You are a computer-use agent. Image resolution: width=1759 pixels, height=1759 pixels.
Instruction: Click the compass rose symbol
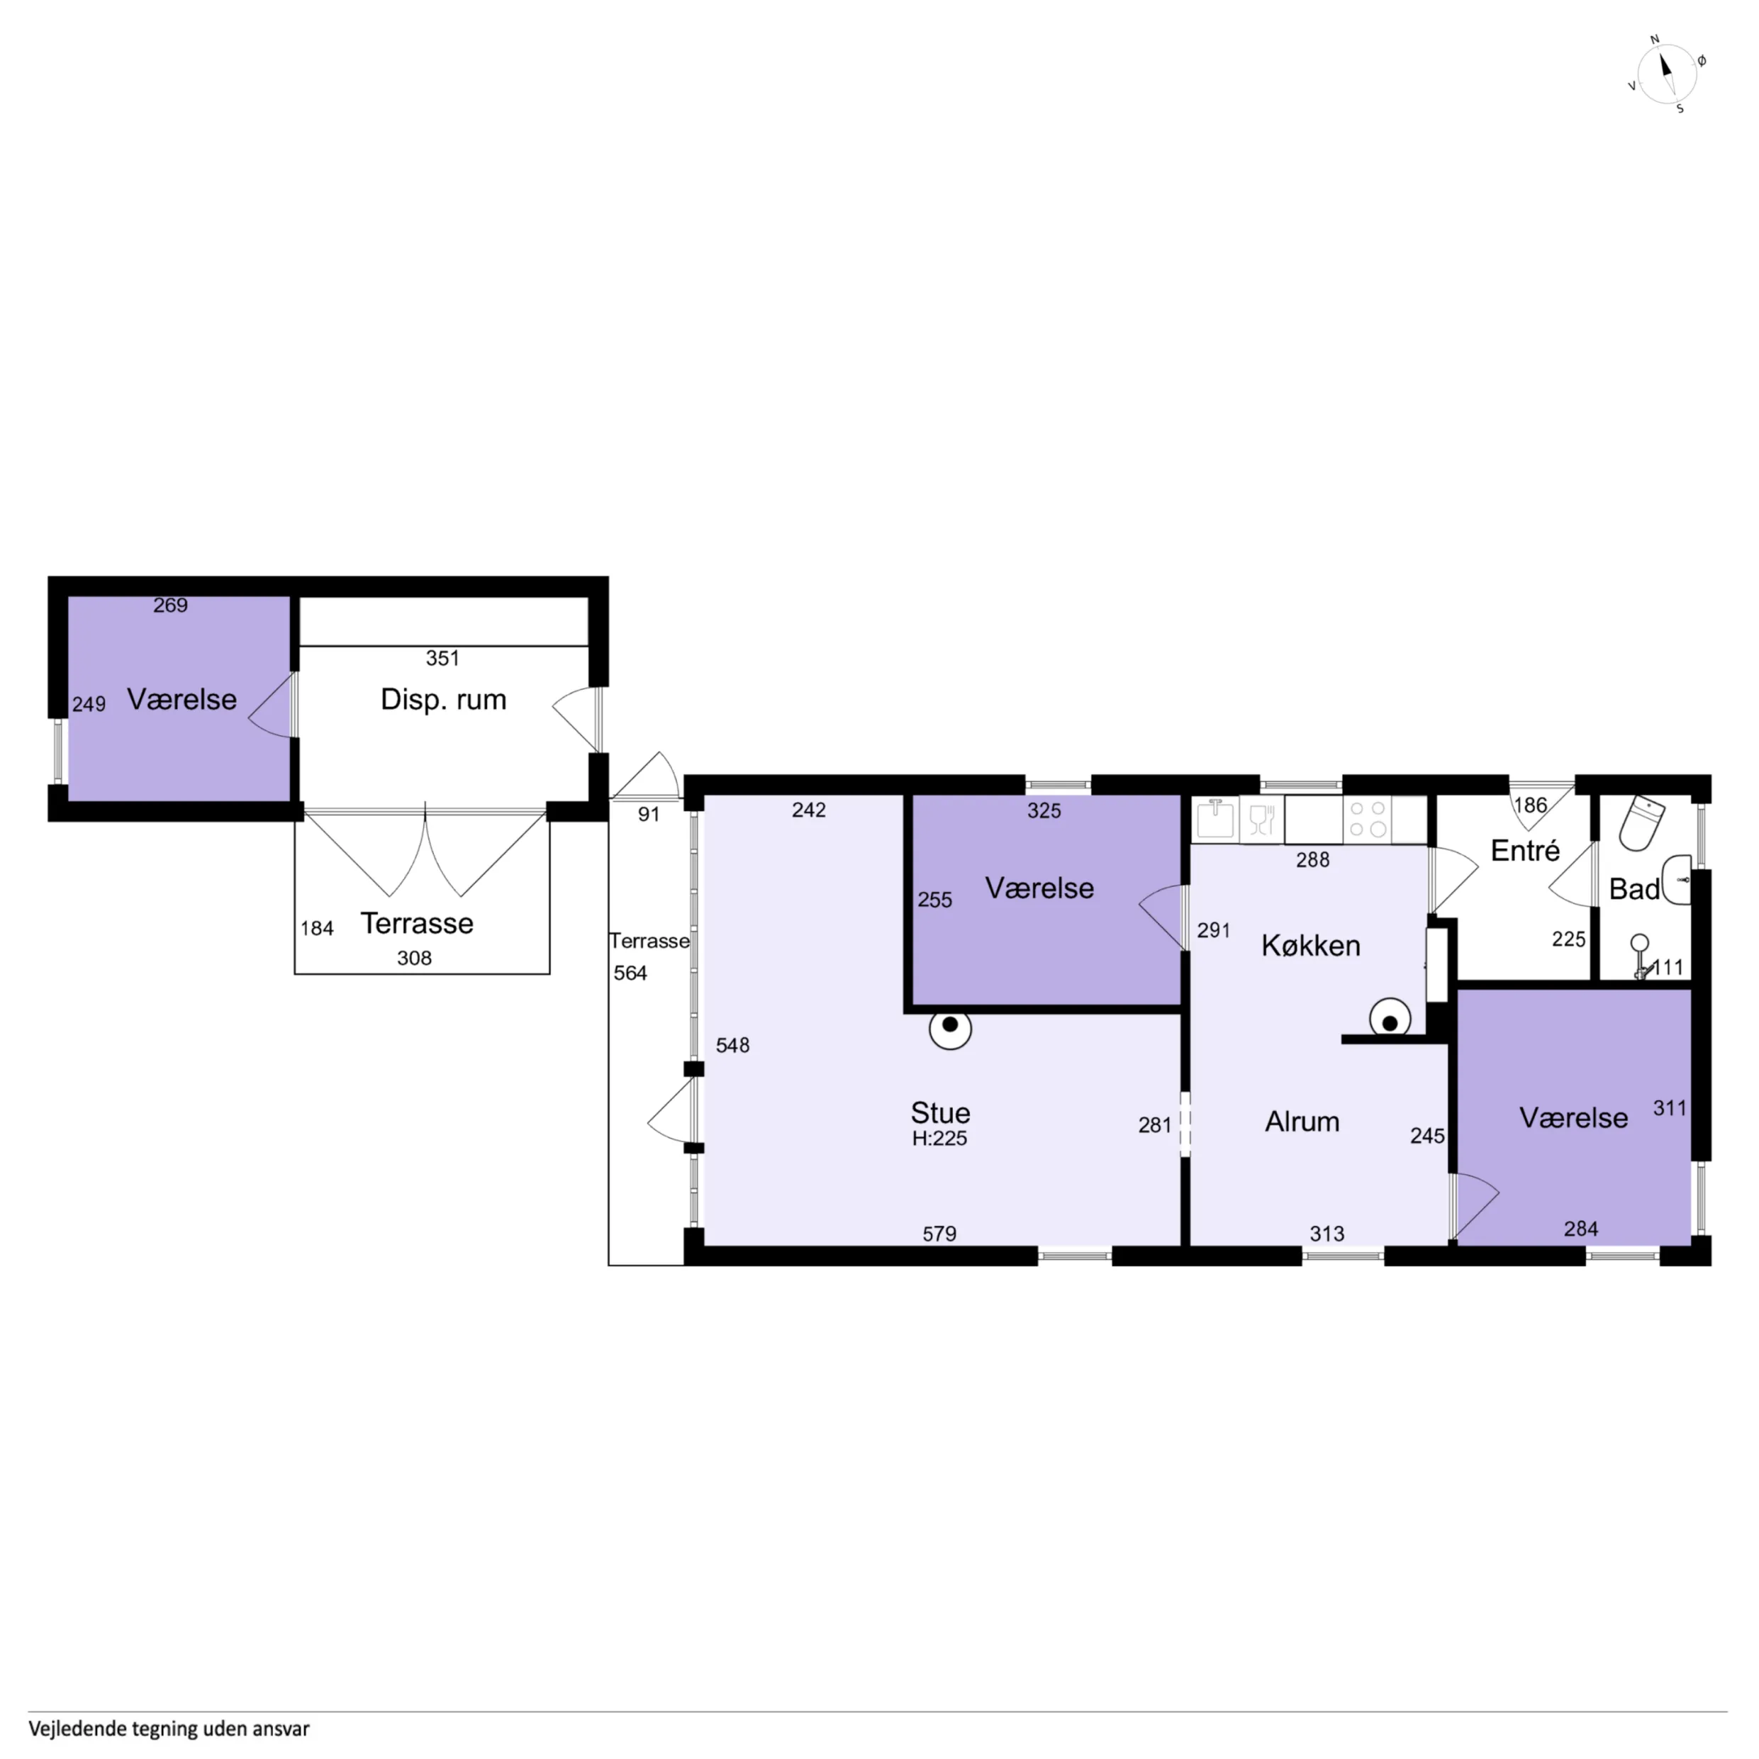pyautogui.click(x=1666, y=74)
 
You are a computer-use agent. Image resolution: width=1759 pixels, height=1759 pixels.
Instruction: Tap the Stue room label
pyautogui.click(x=941, y=1112)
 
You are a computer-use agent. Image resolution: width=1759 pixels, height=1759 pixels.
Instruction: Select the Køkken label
pyautogui.click(x=1310, y=946)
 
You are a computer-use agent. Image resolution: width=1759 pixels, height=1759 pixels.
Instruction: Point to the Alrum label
pyautogui.click(x=1302, y=1122)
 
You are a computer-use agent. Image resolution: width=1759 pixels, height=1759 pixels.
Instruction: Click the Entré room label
pyautogui.click(x=1525, y=850)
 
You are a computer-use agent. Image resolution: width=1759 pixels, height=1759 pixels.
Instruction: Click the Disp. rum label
pyautogui.click(x=443, y=699)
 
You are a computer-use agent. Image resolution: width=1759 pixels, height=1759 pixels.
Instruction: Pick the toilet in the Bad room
pyautogui.click(x=1641, y=823)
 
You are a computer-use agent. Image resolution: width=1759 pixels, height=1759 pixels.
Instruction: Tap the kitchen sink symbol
pyautogui.click(x=1214, y=818)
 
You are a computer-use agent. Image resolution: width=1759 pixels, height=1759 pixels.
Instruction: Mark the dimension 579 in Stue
pyautogui.click(x=939, y=1234)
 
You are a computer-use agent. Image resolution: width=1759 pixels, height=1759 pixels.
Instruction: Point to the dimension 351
pyautogui.click(x=442, y=658)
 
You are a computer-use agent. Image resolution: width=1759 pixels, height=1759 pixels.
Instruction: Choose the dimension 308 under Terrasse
pyautogui.click(x=414, y=958)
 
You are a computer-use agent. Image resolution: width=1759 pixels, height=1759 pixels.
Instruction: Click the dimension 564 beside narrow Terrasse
pyautogui.click(x=630, y=973)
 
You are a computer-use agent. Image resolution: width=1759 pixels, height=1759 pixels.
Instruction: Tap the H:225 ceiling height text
pyautogui.click(x=939, y=1138)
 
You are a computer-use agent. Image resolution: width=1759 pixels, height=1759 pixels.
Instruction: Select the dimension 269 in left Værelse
pyautogui.click(x=170, y=605)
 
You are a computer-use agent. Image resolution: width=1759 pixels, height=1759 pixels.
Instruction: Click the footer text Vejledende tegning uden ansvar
pyautogui.click(x=169, y=1728)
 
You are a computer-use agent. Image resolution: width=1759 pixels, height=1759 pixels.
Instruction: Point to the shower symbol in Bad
pyautogui.click(x=1640, y=956)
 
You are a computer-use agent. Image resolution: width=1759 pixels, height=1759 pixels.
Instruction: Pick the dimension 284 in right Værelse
pyautogui.click(x=1582, y=1229)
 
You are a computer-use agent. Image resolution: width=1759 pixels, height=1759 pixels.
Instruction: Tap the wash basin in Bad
pyautogui.click(x=1677, y=879)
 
